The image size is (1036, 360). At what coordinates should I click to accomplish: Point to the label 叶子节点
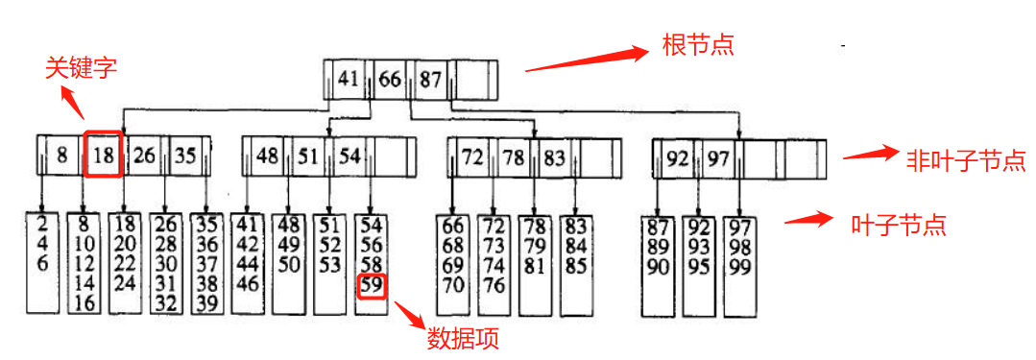[899, 226]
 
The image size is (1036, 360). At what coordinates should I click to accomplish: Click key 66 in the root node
[389, 79]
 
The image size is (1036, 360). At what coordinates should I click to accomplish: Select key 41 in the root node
[349, 79]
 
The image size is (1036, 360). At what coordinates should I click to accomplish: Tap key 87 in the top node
[429, 79]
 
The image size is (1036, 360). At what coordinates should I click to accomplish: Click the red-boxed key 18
[104, 156]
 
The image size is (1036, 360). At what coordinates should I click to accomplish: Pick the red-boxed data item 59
[372, 285]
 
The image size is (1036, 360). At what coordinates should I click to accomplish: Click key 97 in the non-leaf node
[719, 157]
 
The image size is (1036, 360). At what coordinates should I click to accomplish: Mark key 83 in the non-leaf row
[554, 156]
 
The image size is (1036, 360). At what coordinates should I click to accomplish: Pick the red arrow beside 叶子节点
[808, 219]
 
